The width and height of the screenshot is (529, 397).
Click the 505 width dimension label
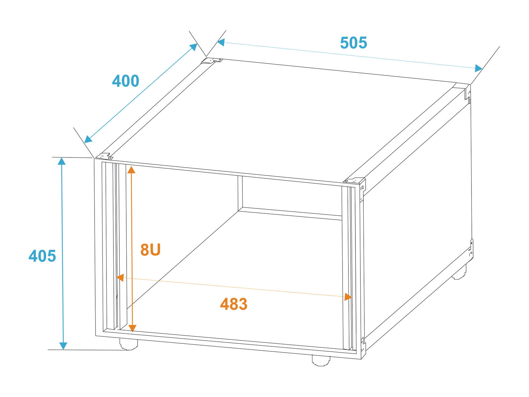point(353,43)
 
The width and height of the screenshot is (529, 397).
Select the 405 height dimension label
point(42,256)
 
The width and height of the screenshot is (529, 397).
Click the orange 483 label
point(233,304)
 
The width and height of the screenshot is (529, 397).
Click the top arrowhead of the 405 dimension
point(62,161)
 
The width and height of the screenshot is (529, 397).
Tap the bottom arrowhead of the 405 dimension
point(63,346)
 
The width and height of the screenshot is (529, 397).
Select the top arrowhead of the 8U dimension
point(131,170)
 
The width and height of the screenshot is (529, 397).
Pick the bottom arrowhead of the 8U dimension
point(132,328)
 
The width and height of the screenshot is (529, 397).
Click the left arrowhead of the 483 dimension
point(120,278)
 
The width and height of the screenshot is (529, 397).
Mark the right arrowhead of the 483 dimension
point(348,297)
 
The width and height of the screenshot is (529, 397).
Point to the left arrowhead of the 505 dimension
point(221,42)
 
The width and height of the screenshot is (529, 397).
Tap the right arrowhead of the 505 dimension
point(479,68)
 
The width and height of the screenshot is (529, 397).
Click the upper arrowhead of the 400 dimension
point(193,47)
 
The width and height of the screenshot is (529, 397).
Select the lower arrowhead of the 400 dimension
point(88,139)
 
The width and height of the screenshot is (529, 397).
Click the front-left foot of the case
point(129,344)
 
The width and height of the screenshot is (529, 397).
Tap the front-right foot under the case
point(321,360)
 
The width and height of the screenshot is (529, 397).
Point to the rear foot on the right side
point(459,272)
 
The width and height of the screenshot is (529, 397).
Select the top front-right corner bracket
point(354,181)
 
